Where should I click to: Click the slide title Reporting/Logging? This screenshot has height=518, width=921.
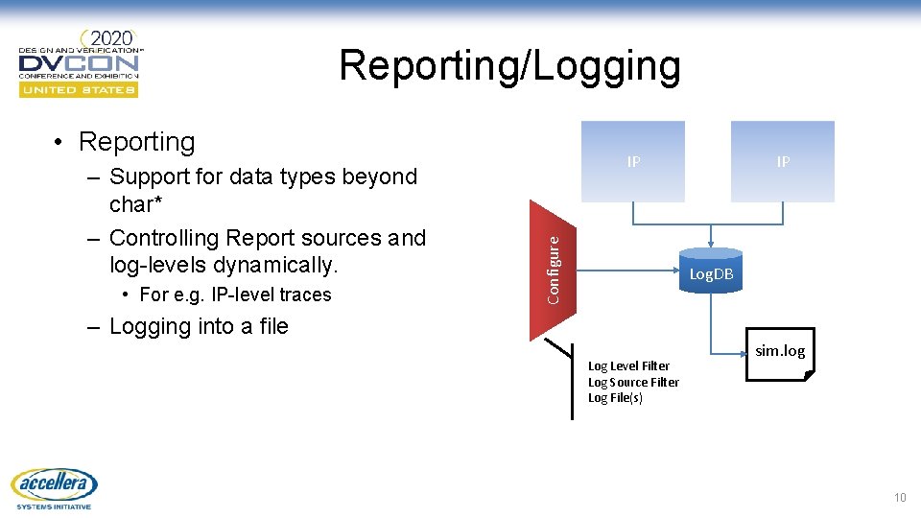pyautogui.click(x=509, y=66)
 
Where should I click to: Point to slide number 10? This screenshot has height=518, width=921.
pyautogui.click(x=899, y=497)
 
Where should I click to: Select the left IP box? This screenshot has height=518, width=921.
pyautogui.click(x=633, y=161)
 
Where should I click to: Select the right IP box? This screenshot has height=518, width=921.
pyautogui.click(x=783, y=161)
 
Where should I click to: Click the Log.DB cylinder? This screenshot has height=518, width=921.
pyautogui.click(x=711, y=272)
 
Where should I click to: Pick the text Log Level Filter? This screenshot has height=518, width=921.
pyautogui.click(x=628, y=365)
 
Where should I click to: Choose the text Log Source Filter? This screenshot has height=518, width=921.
pyautogui.click(x=633, y=382)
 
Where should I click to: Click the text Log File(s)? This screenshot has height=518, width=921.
pyautogui.click(x=615, y=398)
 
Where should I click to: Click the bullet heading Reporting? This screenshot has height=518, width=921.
pyautogui.click(x=136, y=142)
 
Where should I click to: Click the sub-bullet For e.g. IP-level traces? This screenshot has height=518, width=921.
pyautogui.click(x=235, y=294)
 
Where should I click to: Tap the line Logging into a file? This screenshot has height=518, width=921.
pyautogui.click(x=199, y=326)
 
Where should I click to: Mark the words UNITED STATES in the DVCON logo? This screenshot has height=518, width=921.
pyautogui.click(x=79, y=90)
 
